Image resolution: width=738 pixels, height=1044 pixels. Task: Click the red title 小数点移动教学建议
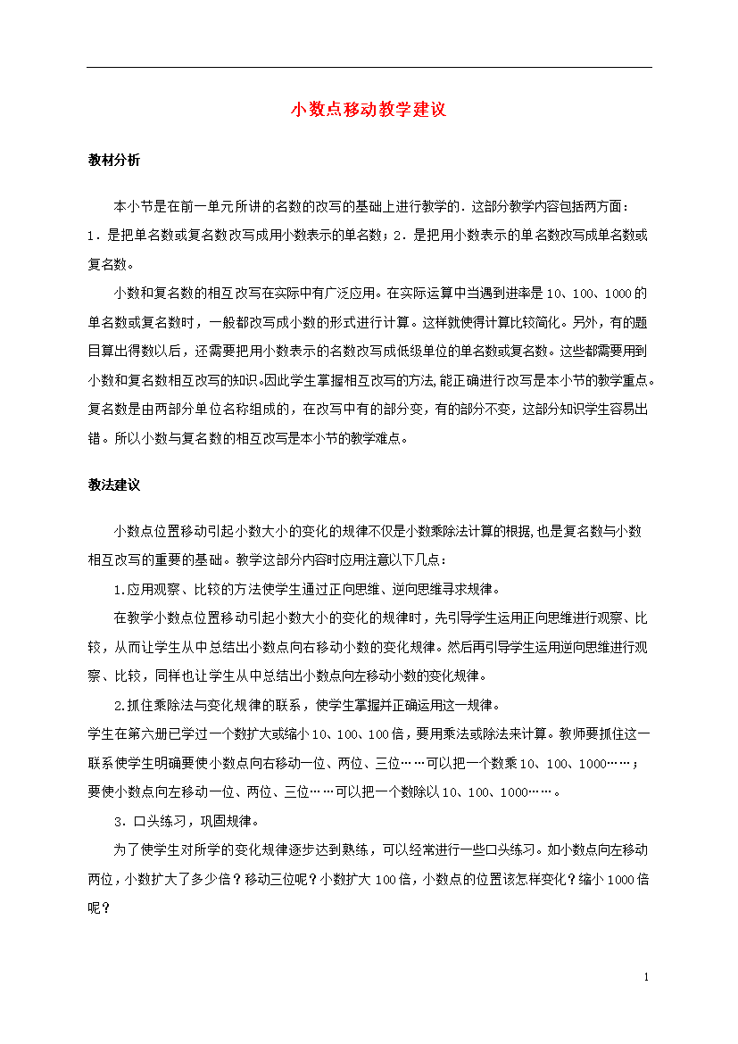(x=369, y=110)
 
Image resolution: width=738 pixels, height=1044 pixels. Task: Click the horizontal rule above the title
(x=369, y=67)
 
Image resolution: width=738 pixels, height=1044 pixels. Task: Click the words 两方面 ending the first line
(x=609, y=206)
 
